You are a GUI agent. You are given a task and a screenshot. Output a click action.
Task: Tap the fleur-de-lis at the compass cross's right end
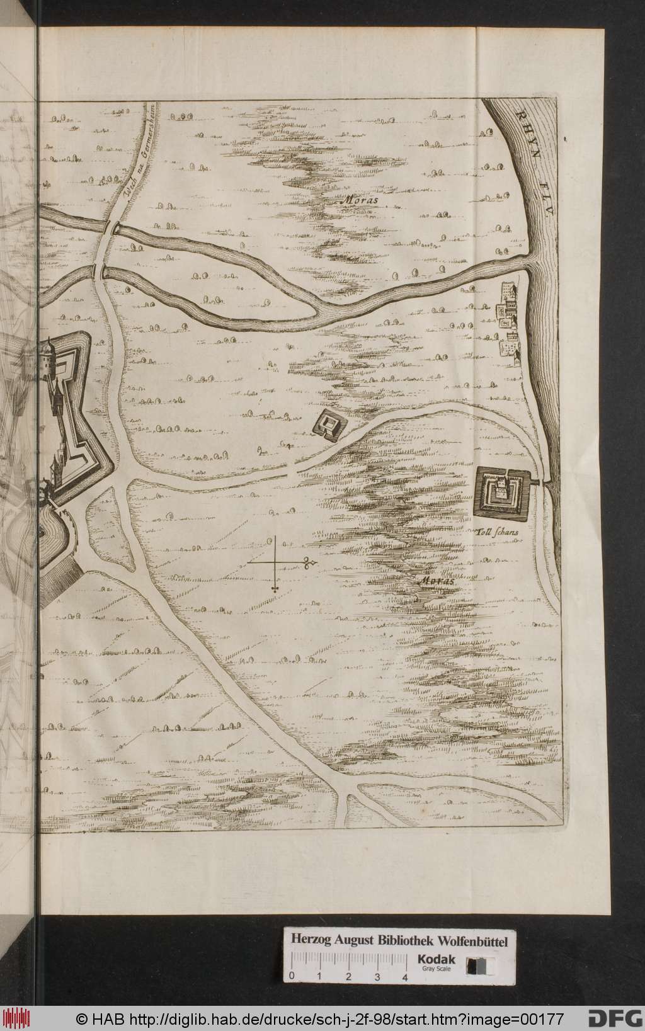[309, 562]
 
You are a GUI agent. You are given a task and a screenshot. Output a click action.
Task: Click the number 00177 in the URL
[542, 1018]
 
